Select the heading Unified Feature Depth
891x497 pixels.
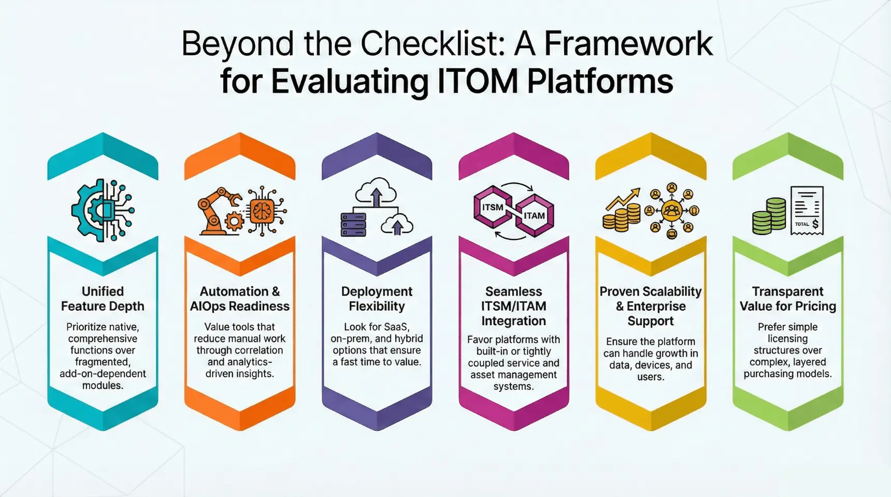(x=103, y=299)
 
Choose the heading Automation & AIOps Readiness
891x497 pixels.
(x=239, y=299)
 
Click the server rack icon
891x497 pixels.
(x=353, y=224)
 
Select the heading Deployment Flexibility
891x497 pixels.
(x=377, y=299)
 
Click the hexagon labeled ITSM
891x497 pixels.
(x=493, y=208)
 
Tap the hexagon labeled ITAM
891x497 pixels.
(x=534, y=215)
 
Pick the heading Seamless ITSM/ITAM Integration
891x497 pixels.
(x=513, y=306)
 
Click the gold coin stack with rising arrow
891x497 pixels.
(x=622, y=211)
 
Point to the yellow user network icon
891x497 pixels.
(x=672, y=211)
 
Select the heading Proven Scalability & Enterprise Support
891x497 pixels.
(x=650, y=306)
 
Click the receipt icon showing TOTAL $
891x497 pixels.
(x=807, y=211)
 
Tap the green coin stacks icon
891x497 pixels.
(x=769, y=216)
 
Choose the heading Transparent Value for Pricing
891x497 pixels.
(x=787, y=299)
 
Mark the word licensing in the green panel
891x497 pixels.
(x=787, y=339)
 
